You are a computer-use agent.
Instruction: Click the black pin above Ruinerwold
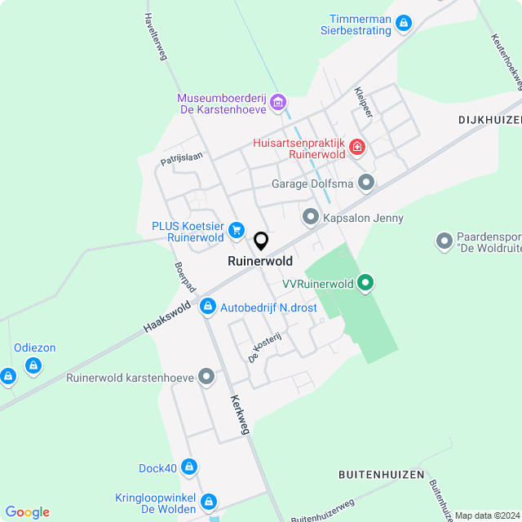(x=261, y=241)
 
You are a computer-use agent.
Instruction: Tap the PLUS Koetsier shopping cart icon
(x=237, y=230)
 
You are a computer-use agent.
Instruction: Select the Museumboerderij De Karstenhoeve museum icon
(x=278, y=102)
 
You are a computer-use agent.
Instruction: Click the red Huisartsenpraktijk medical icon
(x=356, y=148)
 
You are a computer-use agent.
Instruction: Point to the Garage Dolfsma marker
(x=366, y=184)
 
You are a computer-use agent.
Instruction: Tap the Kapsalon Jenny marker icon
(x=310, y=218)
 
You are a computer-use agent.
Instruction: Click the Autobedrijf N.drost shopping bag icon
(x=207, y=307)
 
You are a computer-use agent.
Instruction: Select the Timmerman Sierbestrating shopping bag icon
(x=403, y=24)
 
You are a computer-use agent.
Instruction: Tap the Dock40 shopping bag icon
(x=189, y=467)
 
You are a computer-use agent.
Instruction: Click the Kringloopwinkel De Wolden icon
(x=209, y=501)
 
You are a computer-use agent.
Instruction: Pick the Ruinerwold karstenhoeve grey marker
(x=206, y=378)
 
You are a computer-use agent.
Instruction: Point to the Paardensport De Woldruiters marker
(x=445, y=241)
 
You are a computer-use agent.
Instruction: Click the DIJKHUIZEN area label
(x=489, y=119)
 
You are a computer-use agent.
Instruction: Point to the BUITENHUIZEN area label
(x=381, y=474)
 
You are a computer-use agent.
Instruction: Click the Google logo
(x=26, y=512)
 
